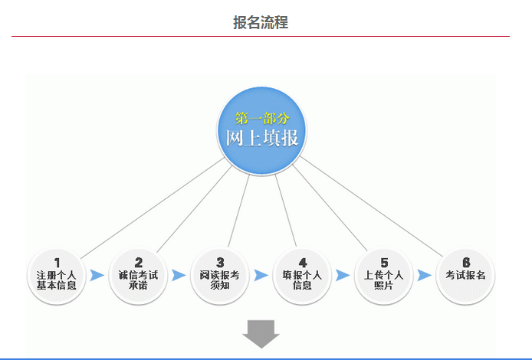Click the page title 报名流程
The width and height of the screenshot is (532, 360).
click(x=261, y=22)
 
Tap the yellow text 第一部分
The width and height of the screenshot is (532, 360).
click(x=262, y=118)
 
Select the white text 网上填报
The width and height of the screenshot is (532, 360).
click(x=262, y=138)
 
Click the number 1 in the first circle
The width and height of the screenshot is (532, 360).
click(x=57, y=263)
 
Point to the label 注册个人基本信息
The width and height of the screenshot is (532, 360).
click(x=57, y=280)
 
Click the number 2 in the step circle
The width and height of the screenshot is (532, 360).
click(x=139, y=263)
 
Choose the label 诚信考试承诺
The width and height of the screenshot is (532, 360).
click(x=138, y=280)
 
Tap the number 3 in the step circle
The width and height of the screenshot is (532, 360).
click(x=220, y=263)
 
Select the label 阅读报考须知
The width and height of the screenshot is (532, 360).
click(x=219, y=280)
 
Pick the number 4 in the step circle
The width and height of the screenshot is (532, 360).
click(x=303, y=263)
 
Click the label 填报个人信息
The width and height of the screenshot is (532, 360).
click(x=302, y=280)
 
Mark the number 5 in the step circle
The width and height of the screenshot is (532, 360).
click(x=384, y=263)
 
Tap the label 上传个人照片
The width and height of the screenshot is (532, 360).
click(x=384, y=280)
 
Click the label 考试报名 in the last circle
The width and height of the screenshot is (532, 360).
click(x=465, y=275)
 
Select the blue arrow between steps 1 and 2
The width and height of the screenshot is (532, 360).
click(x=97, y=275)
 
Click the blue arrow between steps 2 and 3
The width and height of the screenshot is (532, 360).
click(x=179, y=275)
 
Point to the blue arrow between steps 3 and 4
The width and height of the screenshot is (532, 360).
click(x=261, y=275)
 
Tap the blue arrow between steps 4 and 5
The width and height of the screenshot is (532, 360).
click(x=343, y=275)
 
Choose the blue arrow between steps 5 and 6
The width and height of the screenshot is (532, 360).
click(x=425, y=275)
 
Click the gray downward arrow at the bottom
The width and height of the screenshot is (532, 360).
click(x=261, y=333)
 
